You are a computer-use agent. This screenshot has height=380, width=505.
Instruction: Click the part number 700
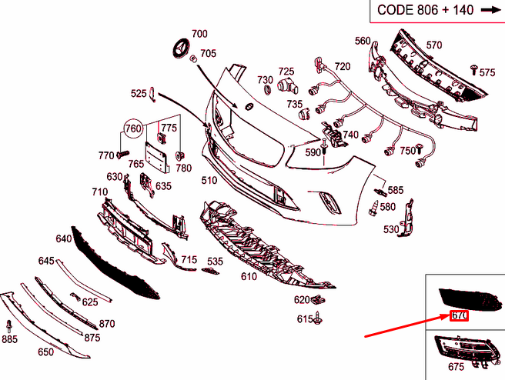[x=199, y=34]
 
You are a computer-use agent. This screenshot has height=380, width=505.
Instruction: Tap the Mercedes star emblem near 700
[x=179, y=48]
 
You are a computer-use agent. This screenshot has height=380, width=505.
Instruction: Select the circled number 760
[x=133, y=128]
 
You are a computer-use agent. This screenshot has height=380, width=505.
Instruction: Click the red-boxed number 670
[x=460, y=315]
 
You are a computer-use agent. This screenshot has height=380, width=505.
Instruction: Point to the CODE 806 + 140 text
[x=424, y=10]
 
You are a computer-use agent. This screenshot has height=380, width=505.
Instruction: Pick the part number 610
[x=249, y=276]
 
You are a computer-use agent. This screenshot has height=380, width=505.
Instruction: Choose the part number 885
[x=10, y=338]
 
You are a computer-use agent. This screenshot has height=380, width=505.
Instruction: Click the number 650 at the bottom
[x=46, y=352]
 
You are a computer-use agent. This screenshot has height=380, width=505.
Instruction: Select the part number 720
[x=342, y=66]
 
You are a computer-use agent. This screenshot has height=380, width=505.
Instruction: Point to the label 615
[x=305, y=318]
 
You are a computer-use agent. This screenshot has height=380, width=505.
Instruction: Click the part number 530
[x=392, y=229]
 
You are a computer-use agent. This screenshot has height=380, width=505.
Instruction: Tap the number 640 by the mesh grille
[x=63, y=238]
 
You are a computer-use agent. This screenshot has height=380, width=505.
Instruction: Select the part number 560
[x=363, y=41]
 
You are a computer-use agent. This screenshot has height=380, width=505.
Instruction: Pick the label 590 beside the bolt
[x=312, y=152]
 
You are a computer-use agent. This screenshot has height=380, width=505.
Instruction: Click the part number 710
[x=99, y=192]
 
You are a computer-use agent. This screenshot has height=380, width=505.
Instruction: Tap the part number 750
[x=406, y=151]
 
